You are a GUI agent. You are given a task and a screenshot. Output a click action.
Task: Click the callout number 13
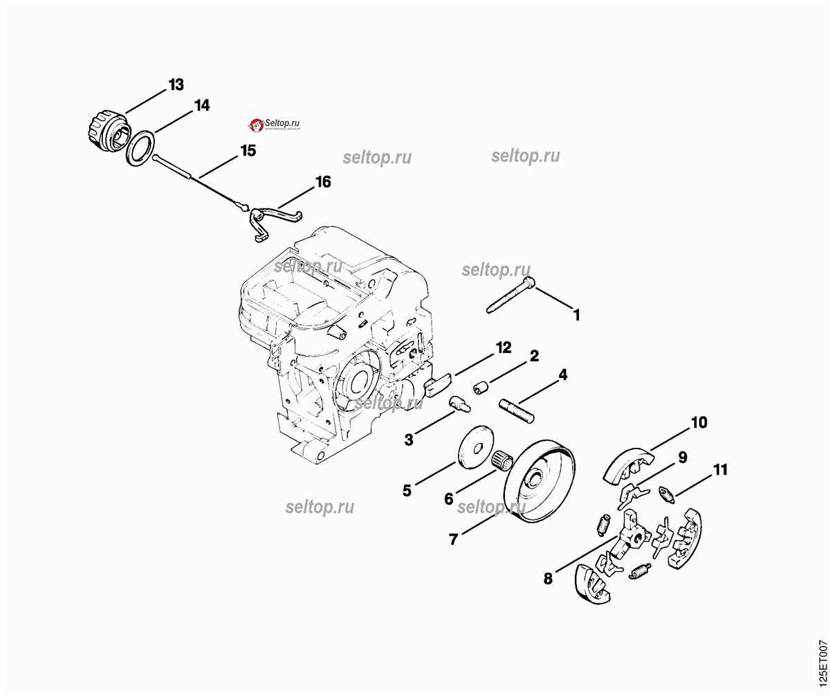pyautogui.click(x=176, y=85)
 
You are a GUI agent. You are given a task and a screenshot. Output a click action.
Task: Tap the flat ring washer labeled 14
pyautogui.click(x=140, y=150)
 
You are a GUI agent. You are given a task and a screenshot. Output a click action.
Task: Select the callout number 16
pyautogui.click(x=322, y=182)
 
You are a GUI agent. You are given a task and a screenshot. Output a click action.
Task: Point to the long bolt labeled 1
pyautogui.click(x=512, y=295)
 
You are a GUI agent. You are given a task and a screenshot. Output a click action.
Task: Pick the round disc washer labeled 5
pyautogui.click(x=477, y=445)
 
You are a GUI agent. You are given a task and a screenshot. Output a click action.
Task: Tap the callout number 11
pyautogui.click(x=720, y=470)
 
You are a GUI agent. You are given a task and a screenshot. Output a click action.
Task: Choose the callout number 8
pyautogui.click(x=548, y=579)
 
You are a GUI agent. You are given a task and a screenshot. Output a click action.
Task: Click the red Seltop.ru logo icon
pyautogui.click(x=255, y=125)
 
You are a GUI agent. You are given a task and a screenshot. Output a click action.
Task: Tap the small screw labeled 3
pyautogui.click(x=459, y=403)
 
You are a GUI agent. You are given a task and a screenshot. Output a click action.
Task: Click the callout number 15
pyautogui.click(x=248, y=150)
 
